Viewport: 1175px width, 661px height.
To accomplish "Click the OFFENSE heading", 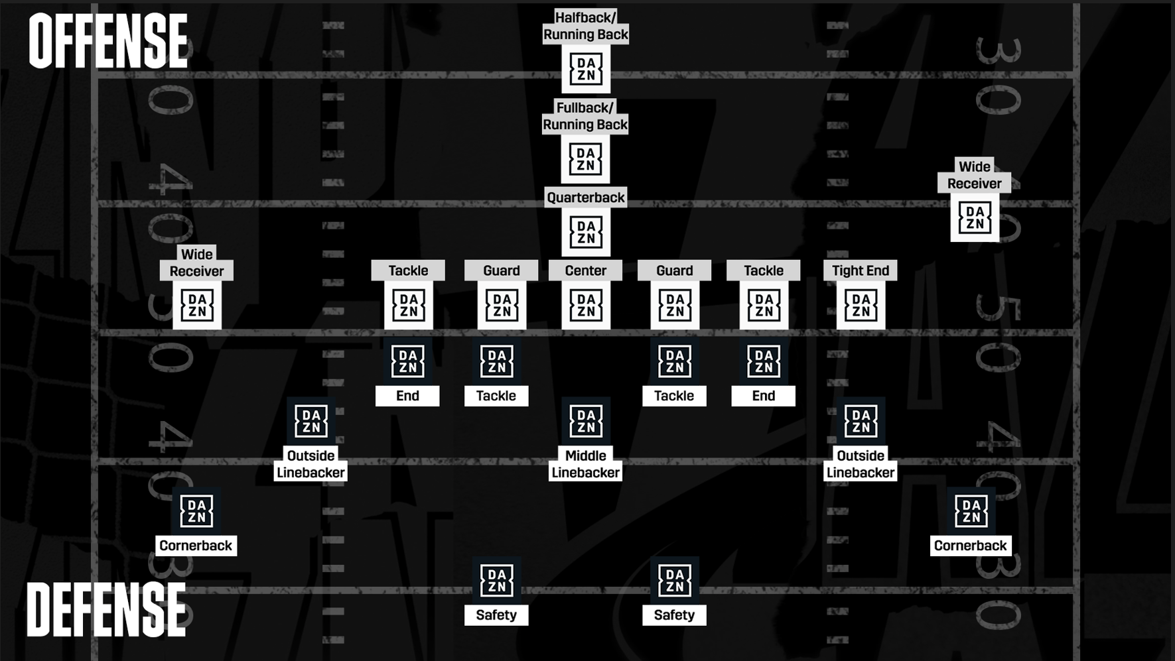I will (x=108, y=42).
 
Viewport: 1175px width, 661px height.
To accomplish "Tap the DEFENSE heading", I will (x=106, y=610).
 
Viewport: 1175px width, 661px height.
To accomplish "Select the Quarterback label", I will (x=585, y=198).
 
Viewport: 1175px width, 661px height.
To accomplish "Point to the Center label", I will (x=585, y=270).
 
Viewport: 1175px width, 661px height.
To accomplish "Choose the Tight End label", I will (x=860, y=270).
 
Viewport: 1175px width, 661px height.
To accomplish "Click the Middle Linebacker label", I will (x=585, y=464).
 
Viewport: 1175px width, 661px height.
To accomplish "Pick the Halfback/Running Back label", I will (x=585, y=27).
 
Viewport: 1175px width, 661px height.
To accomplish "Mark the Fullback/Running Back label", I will (x=585, y=117).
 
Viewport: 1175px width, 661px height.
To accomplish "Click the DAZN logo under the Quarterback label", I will (x=585, y=233).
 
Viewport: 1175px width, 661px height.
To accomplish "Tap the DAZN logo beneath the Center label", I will (x=585, y=306).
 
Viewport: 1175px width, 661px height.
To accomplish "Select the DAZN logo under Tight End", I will (x=861, y=306).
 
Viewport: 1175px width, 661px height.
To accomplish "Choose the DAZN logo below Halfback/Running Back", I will (x=585, y=69).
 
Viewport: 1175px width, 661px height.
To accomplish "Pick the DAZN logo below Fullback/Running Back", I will (x=585, y=160).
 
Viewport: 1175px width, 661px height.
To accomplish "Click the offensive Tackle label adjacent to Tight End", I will (x=763, y=270).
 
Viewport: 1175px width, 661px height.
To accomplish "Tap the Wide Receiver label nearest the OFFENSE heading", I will (x=196, y=263).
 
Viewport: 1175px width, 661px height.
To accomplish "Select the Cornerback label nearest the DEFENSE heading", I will (x=196, y=546).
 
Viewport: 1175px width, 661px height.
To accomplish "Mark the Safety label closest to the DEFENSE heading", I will (x=496, y=615).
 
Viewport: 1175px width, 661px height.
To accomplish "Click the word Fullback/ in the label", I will (x=585, y=108).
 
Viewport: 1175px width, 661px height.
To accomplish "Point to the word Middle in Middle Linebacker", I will (x=585, y=456).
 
